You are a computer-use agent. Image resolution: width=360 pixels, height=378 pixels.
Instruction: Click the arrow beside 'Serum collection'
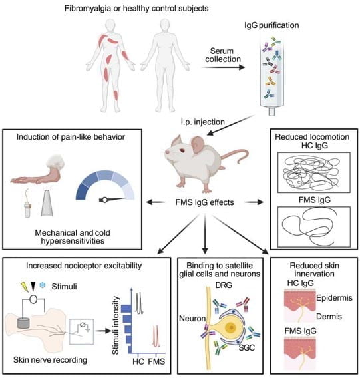point(223,67)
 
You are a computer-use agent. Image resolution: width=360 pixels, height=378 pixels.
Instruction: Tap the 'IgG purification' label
point(271,25)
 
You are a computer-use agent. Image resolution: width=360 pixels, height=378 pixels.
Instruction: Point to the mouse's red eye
point(182,150)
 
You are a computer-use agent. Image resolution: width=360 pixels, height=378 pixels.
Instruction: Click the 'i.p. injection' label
point(203,122)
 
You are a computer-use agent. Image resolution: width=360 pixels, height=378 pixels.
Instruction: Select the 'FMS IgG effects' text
point(204,202)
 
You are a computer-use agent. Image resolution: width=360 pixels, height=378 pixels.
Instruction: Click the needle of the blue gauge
point(112,200)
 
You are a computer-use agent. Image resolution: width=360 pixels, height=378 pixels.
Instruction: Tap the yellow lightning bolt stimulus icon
point(25,287)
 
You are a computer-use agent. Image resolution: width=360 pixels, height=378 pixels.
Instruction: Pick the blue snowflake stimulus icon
point(43,286)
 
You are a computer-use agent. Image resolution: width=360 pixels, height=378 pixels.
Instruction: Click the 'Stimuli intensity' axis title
point(116,325)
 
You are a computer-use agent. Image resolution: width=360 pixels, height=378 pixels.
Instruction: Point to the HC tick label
point(138,361)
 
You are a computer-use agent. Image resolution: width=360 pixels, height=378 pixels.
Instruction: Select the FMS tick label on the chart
point(156,361)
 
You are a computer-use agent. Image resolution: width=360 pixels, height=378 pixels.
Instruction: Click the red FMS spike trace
point(156,336)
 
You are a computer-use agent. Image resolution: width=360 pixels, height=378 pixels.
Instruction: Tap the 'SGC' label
point(247,347)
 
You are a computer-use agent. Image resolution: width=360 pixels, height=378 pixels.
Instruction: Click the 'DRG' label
point(224,285)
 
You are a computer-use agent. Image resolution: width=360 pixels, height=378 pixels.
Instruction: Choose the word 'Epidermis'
point(334,298)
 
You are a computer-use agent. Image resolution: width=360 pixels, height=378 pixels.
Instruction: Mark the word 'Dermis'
point(329,317)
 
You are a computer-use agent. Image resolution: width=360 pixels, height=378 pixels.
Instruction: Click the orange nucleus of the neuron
point(232,327)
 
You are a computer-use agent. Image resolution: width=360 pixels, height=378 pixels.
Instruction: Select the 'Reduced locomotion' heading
point(312,137)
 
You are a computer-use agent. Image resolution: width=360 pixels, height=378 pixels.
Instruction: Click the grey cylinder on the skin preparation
point(23,323)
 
